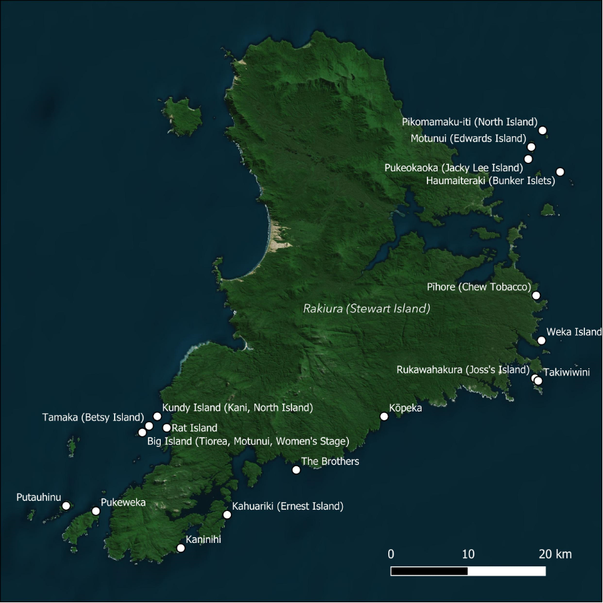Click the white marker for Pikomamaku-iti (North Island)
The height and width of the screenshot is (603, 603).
click(x=542, y=130)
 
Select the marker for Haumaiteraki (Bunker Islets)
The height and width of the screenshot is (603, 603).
click(x=560, y=172)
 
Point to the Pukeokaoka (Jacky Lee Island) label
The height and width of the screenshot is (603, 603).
click(x=454, y=168)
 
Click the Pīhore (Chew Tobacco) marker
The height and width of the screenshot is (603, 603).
click(x=536, y=295)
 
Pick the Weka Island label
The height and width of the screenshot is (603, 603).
click(x=574, y=332)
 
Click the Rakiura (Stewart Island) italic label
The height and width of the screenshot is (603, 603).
click(x=366, y=309)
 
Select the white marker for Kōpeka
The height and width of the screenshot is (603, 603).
click(x=384, y=417)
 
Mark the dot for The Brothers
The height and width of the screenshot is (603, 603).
click(x=296, y=470)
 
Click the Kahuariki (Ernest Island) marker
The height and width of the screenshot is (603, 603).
click(x=227, y=515)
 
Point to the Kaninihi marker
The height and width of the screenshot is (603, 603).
click(x=180, y=548)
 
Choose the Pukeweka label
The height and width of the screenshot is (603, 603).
click(x=123, y=503)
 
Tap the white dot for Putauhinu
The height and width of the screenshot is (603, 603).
click(x=66, y=506)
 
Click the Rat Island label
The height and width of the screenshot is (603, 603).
click(x=194, y=428)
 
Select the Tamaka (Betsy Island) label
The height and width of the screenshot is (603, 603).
click(x=93, y=418)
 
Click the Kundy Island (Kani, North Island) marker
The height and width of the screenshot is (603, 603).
click(x=157, y=416)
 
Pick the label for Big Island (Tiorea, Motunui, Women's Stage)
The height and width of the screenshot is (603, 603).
click(x=247, y=441)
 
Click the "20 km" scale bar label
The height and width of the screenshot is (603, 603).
click(x=555, y=554)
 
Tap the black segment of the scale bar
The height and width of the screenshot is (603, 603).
click(x=429, y=571)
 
